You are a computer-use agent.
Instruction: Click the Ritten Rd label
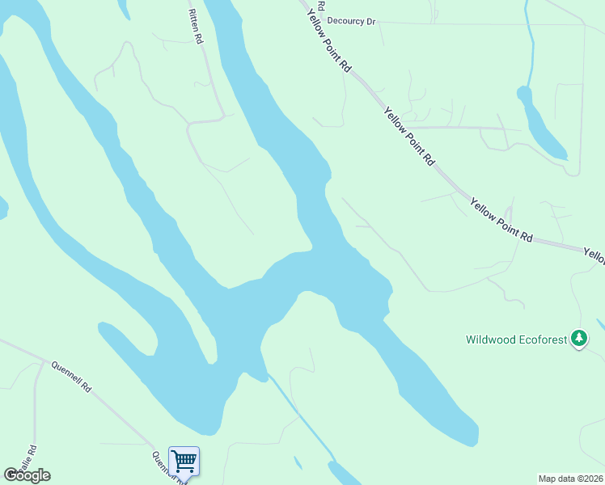tap(195, 27)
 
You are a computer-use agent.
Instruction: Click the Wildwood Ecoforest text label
tap(517, 339)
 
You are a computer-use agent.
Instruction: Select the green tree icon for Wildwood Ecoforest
tap(578, 339)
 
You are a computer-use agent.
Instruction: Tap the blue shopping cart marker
tap(184, 462)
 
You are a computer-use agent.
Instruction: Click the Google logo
tap(27, 475)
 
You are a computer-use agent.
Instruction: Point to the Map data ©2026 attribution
tap(569, 479)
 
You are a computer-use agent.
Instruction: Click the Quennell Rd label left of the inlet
tap(71, 377)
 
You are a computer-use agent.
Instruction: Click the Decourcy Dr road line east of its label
tap(485, 23)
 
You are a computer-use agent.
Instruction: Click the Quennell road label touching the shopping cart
tap(162, 462)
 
